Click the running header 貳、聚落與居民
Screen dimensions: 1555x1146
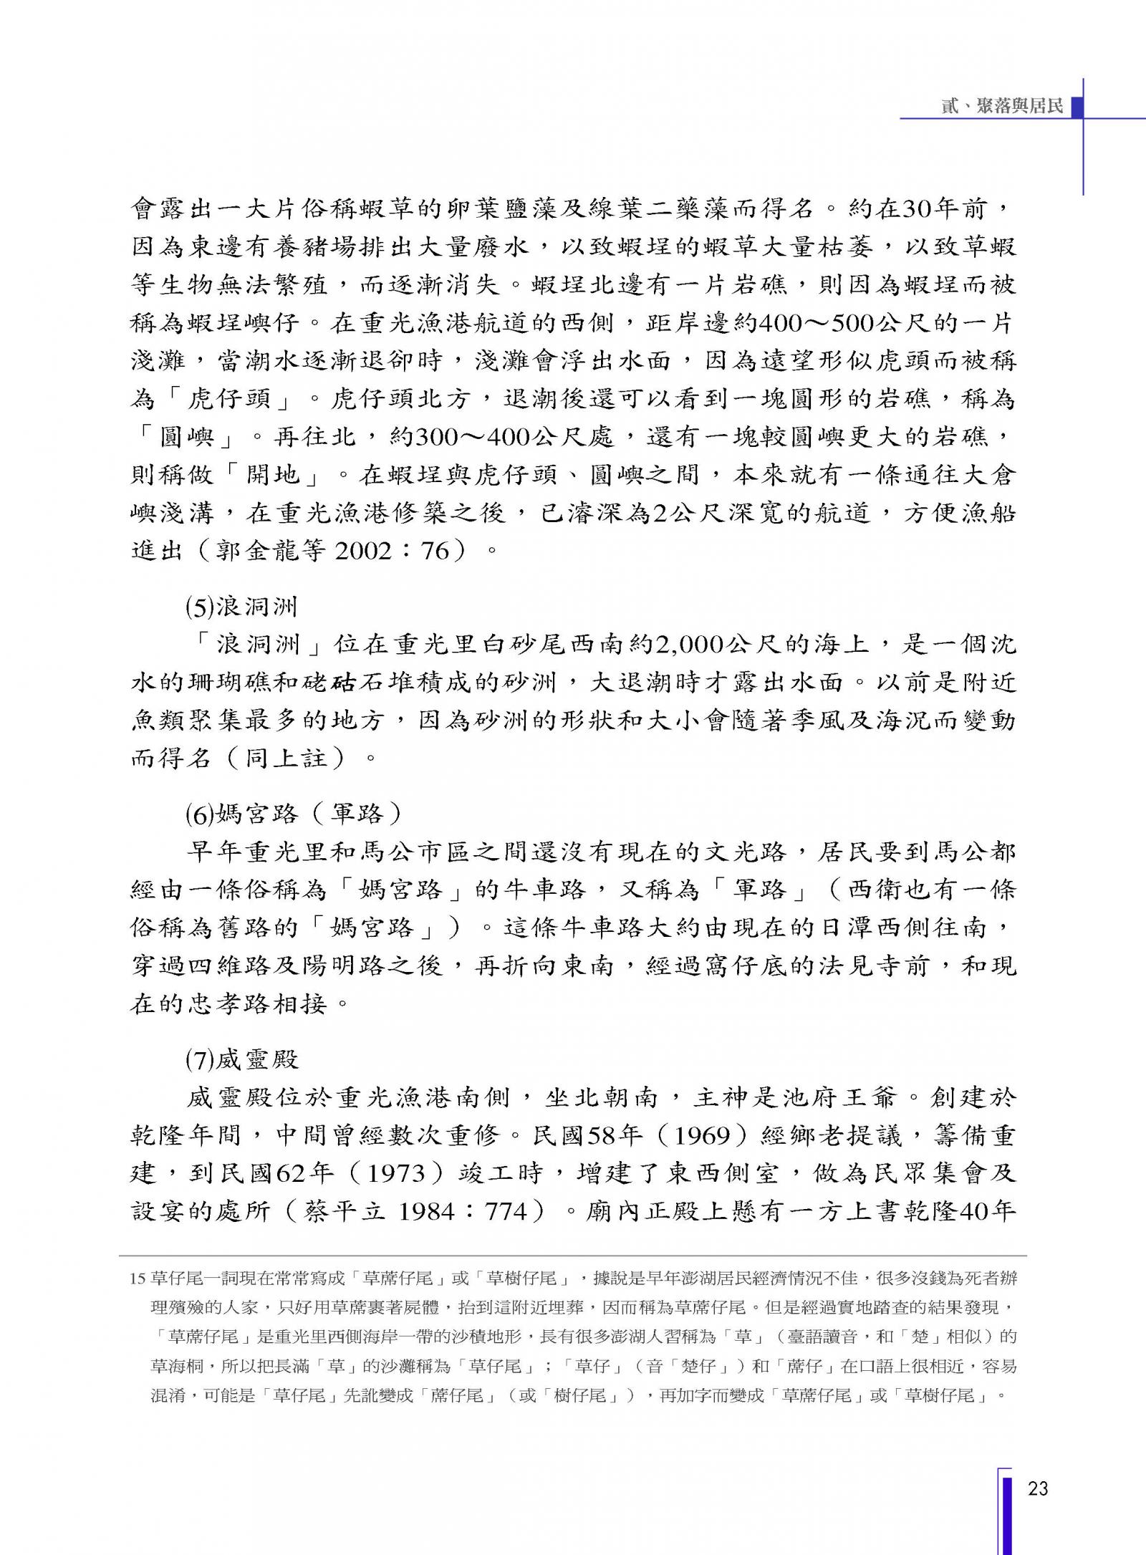tap(1002, 107)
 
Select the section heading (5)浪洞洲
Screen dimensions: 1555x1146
tap(241, 607)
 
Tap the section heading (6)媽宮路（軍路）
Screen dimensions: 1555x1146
tap(294, 814)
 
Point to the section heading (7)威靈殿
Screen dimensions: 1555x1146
tap(241, 1059)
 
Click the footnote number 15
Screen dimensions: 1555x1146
tap(138, 1279)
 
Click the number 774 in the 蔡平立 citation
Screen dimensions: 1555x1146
tap(504, 1211)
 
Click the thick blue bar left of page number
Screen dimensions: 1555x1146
tap(1006, 1511)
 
